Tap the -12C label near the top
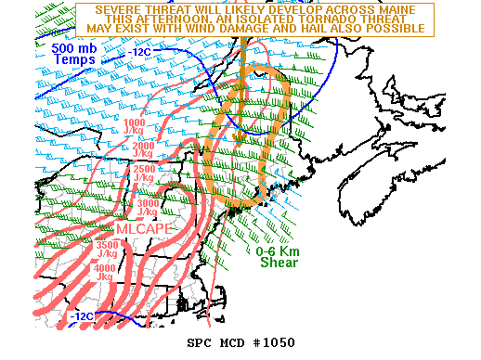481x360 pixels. click(140, 52)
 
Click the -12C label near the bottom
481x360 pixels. click(82, 316)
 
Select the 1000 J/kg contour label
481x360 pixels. click(135, 128)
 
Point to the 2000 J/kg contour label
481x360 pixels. click(143, 151)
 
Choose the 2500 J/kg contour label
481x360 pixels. click(144, 174)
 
